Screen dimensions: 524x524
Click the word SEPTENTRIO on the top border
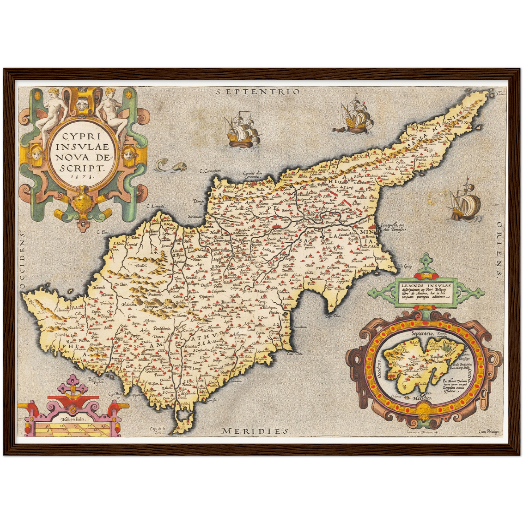click(258, 92)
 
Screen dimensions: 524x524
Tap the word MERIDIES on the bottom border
click(255, 431)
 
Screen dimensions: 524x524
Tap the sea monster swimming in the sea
click(170, 166)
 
